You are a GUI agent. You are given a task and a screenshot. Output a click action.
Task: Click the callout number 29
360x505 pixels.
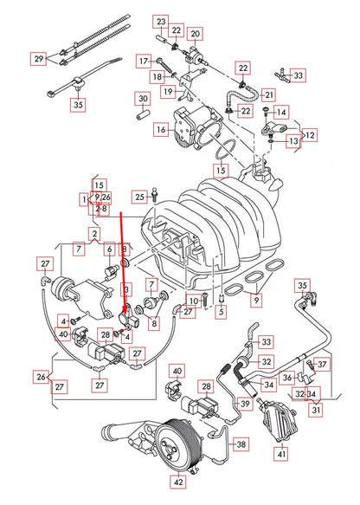coord(38,59)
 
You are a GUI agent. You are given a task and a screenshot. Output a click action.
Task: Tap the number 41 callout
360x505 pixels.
coord(280,453)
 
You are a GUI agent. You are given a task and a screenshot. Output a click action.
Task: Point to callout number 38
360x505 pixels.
coord(241,443)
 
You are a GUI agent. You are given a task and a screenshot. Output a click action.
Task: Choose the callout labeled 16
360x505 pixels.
coord(161,130)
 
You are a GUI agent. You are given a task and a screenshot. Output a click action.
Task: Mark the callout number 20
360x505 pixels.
coord(195,34)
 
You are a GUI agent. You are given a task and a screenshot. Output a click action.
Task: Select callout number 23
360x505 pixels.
coord(161,20)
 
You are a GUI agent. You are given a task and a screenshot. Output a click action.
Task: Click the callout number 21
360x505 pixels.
coord(268,94)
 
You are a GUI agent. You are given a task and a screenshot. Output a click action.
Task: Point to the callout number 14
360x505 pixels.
coord(280,112)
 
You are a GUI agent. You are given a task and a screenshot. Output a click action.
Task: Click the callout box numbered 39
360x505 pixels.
coord(245,404)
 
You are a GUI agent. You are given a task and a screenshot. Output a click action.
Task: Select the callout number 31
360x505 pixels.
coord(317,410)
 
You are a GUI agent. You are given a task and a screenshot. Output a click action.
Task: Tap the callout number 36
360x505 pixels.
coord(287,377)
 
